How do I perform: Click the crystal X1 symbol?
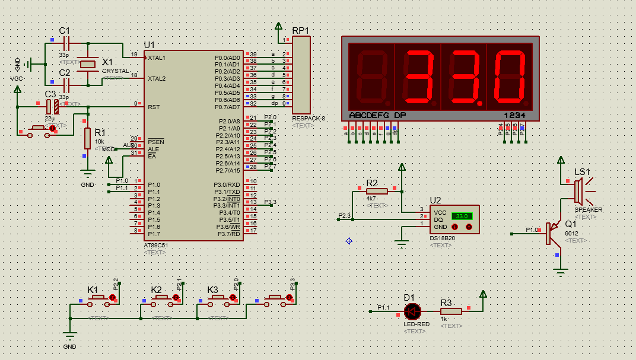coord(88,65)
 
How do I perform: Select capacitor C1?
coord(66,43)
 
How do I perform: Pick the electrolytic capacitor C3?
coord(52,107)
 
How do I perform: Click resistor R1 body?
coord(87,138)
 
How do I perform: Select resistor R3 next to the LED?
coord(451,311)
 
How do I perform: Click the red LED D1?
coord(412,311)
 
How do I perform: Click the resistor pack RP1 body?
coord(301,75)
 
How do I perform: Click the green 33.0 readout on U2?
coord(462,216)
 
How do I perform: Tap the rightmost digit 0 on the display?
coord(510,75)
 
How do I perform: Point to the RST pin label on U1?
coord(154,107)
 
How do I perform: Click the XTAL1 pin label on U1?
coord(157,58)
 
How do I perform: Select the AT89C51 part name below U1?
coord(156,245)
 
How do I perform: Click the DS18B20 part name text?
coord(443,238)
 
